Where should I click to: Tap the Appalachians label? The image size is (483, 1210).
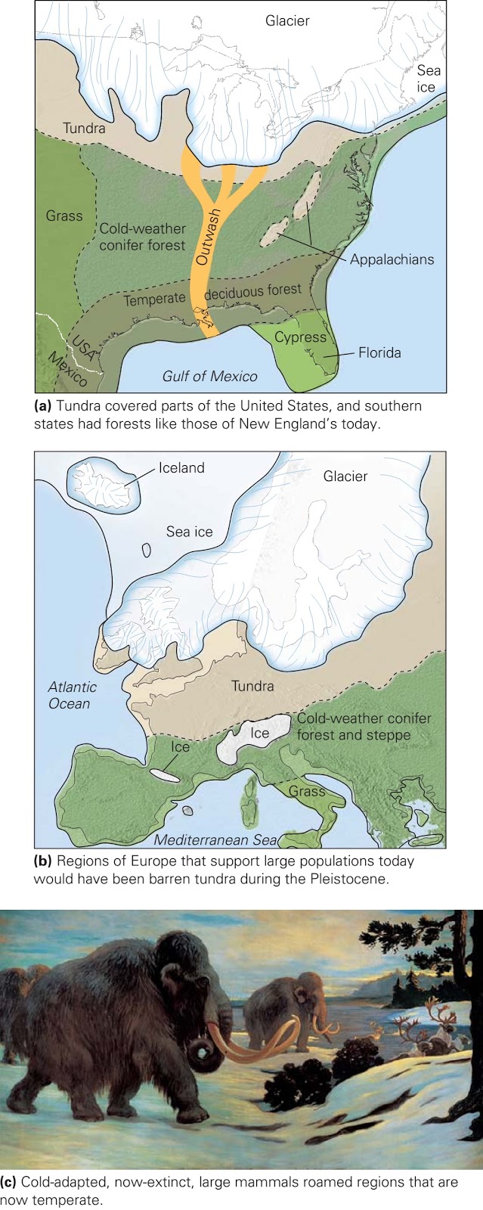[392, 259]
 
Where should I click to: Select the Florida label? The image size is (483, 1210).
[379, 352]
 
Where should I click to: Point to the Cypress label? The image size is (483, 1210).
[300, 337]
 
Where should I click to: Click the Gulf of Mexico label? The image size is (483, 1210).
[209, 376]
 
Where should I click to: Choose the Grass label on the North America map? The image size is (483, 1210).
[64, 216]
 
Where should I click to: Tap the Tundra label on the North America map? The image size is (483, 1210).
[84, 128]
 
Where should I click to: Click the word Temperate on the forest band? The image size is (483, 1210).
[154, 299]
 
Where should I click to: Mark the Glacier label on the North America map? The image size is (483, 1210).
[287, 20]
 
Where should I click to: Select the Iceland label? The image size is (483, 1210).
[181, 467]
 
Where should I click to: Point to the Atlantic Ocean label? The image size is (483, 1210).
[72, 695]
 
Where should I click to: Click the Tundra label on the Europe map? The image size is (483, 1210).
[252, 686]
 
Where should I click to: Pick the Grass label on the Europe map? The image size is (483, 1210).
[306, 791]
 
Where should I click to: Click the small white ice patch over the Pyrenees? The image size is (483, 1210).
[164, 775]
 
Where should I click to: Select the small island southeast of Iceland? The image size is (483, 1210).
[147, 550]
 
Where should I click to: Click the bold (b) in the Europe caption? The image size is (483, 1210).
[42, 861]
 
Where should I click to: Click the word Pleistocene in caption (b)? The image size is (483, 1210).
[345, 879]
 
